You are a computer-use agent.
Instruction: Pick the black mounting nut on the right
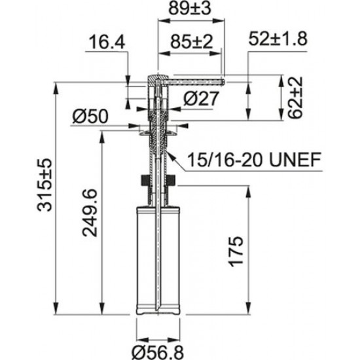[x=171, y=180]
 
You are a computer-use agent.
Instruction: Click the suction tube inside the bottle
[x=158, y=262]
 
